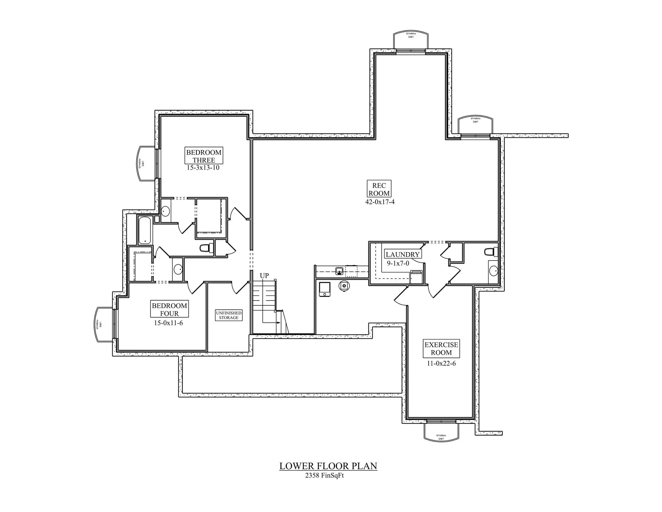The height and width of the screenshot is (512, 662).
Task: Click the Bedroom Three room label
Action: coord(204,156)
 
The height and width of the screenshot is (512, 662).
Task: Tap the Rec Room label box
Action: coord(379,189)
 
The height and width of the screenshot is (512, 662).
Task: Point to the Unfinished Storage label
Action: coord(229,315)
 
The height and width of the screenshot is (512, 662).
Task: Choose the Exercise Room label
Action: coord(441,348)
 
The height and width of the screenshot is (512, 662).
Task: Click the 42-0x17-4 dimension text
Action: coord(380,202)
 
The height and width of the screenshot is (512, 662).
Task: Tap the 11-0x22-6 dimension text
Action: coord(441,363)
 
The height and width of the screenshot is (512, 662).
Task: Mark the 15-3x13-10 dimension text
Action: coord(203,168)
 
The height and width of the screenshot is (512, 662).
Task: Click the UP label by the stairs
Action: coord(264,276)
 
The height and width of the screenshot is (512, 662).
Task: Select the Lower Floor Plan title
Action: coord(328,466)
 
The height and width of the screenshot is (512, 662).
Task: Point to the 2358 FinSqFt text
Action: coord(324,476)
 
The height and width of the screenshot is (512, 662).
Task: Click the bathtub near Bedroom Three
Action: coord(145,230)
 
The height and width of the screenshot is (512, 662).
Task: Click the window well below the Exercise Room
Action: coord(441,432)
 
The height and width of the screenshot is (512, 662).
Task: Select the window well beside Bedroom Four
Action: coord(103,325)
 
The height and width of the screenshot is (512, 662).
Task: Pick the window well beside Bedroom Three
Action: coord(146,164)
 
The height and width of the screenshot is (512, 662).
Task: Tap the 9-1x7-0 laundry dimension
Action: coord(398,263)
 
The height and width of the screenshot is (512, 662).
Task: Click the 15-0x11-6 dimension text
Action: coord(168,323)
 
